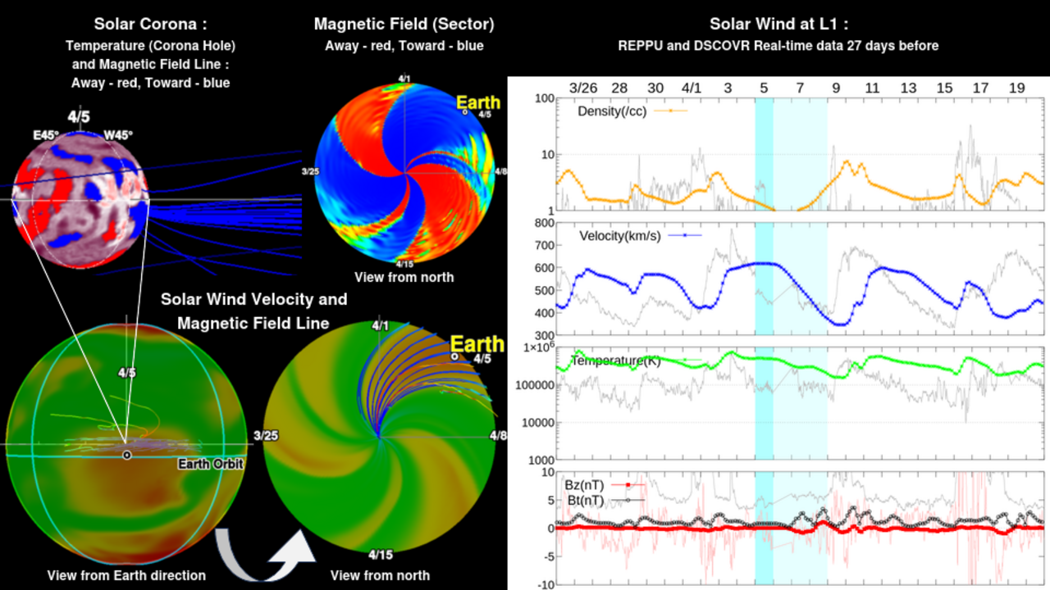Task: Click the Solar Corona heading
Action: (x=149, y=24)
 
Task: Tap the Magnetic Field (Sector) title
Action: (x=404, y=24)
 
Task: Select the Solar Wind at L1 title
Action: (x=778, y=24)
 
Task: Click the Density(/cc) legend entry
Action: (x=612, y=111)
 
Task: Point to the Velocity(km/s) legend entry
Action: (x=619, y=236)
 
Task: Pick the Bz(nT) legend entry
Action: (x=584, y=485)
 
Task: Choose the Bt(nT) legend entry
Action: (x=585, y=500)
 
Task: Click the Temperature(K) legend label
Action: (x=614, y=361)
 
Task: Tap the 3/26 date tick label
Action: (x=583, y=88)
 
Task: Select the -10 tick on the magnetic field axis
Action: (x=546, y=584)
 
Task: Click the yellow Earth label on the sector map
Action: (x=477, y=102)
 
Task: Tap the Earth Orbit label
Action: (x=211, y=464)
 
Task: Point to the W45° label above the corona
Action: (x=116, y=135)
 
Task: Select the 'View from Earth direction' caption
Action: (x=126, y=575)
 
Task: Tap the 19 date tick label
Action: (x=1016, y=88)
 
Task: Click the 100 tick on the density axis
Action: (x=542, y=98)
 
